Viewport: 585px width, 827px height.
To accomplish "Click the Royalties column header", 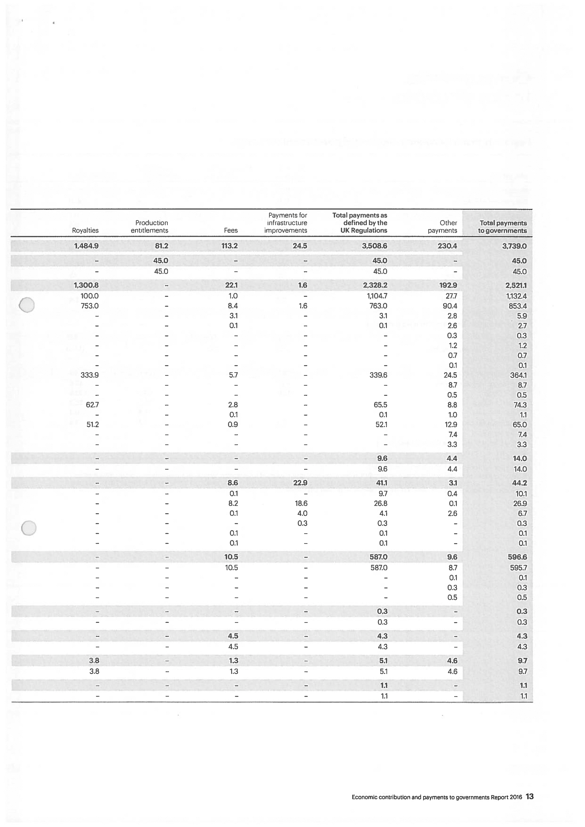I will coord(85,230).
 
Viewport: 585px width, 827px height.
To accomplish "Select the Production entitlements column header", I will coord(149,227).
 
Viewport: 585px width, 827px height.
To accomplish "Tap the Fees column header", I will coord(230,230).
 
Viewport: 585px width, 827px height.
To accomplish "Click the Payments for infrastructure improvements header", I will coord(286,223).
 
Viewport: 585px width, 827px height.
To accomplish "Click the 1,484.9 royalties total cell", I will coord(86,246).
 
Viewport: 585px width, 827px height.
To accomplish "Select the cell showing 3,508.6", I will coord(375,246).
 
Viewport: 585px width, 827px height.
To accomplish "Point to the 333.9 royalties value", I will coord(89,375).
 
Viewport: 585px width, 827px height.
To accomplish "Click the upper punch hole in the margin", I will coord(27,305).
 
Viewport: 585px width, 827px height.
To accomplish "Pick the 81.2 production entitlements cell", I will coord(161,246).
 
